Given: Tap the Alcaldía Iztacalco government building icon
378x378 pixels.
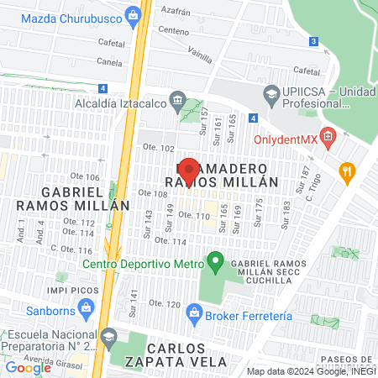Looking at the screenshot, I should (x=177, y=101).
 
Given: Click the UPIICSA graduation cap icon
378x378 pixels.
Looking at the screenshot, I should (x=271, y=93).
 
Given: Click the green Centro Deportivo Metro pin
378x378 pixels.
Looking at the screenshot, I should (x=215, y=264).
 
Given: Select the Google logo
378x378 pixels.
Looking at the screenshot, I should (x=28, y=367).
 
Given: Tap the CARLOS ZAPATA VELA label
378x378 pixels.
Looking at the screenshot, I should (x=186, y=354).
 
